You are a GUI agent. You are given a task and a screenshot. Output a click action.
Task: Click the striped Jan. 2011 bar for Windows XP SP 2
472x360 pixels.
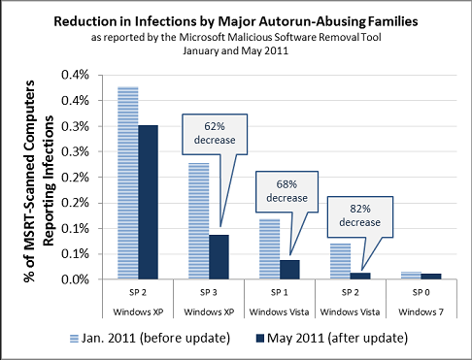click(128, 182)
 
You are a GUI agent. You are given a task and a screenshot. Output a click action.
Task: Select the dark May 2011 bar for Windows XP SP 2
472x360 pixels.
click(149, 202)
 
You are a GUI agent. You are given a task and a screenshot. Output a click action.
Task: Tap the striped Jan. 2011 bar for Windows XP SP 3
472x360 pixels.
click(199, 221)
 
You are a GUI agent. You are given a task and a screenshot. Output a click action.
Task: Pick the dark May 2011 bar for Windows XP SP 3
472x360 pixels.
click(219, 257)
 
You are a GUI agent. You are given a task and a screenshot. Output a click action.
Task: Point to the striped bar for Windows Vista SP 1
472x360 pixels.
click(270, 249)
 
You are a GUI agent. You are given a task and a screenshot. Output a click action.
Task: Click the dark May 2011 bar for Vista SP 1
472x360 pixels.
click(290, 270)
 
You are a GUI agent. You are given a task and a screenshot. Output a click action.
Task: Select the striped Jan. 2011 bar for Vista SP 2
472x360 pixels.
click(341, 261)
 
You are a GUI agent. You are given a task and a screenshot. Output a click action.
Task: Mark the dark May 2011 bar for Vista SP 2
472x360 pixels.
click(361, 276)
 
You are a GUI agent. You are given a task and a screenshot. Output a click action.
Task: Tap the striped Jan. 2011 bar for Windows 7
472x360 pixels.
click(411, 276)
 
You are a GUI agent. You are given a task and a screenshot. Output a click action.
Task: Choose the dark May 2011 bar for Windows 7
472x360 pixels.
click(431, 277)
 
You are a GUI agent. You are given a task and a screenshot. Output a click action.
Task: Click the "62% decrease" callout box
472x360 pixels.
click(215, 134)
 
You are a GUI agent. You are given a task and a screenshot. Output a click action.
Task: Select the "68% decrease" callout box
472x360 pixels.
click(287, 192)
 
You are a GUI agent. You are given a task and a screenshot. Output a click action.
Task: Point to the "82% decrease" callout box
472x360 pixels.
click(360, 217)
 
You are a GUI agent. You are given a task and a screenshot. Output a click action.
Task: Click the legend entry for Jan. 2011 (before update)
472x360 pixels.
click(150, 339)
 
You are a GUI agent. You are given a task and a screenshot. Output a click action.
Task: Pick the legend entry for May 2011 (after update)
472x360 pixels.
click(332, 339)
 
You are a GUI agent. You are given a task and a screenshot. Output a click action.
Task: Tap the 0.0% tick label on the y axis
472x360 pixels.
click(75, 279)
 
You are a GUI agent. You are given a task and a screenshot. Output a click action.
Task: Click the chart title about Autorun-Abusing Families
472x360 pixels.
click(236, 21)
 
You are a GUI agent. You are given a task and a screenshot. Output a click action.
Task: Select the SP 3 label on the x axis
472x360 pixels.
click(209, 293)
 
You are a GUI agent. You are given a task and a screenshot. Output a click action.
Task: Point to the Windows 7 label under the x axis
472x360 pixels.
click(421, 312)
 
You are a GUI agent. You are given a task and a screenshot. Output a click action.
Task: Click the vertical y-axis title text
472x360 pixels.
click(39, 181)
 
